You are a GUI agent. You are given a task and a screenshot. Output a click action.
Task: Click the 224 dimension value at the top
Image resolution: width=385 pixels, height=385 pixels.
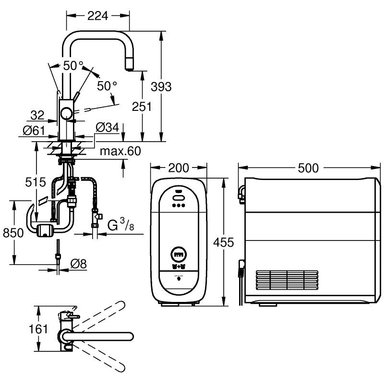[97, 16]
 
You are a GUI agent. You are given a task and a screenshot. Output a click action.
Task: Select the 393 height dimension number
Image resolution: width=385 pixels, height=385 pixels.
[161, 86]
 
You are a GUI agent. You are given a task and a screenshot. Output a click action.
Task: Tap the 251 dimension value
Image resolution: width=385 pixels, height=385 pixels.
[142, 106]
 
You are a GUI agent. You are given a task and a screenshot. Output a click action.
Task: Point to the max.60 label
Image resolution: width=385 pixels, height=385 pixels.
[120, 152]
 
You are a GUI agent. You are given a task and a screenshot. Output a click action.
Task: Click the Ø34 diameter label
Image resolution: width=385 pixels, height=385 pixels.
[107, 127]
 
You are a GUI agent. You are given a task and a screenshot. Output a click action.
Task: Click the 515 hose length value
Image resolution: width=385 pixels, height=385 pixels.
[36, 182]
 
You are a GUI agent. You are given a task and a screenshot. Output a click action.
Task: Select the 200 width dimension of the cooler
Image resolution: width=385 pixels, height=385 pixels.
[179, 168]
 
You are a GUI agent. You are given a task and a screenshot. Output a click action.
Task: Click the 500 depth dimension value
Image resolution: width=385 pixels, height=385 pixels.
[308, 168]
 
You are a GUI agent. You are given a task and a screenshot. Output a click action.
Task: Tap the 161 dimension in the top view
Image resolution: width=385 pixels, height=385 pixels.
[39, 329]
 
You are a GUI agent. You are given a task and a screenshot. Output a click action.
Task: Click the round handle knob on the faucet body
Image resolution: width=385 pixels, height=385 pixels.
[66, 114]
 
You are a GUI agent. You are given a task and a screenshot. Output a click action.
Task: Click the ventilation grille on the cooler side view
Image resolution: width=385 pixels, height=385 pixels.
[286, 281]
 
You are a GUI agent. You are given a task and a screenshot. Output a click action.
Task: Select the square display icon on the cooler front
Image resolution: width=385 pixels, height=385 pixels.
[179, 252]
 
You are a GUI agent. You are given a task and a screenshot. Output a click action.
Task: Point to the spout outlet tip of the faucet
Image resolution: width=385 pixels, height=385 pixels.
[129, 68]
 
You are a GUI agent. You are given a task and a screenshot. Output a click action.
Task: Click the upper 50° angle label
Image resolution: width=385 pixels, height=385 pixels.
[73, 66]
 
